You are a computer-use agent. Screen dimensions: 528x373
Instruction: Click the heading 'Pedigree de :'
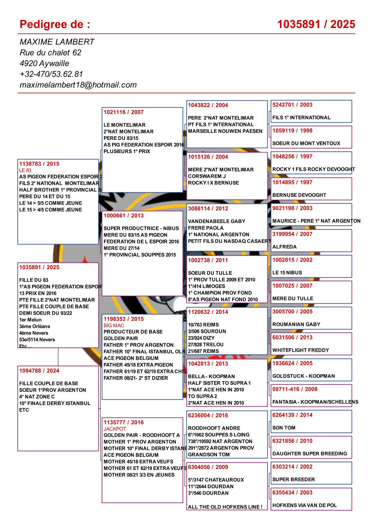pos(55,24)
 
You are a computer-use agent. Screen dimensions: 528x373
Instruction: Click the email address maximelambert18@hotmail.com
pos(78,85)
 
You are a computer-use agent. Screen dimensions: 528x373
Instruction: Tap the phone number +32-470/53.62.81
pos(51,74)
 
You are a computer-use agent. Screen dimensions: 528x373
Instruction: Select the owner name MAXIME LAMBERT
pos(57,42)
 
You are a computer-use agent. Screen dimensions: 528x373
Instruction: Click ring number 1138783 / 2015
pos(39,164)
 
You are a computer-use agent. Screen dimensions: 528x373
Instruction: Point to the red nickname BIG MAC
pos(114,326)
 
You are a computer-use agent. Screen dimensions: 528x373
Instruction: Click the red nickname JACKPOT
pos(115,429)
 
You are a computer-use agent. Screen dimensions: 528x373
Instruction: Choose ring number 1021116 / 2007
pos(123,112)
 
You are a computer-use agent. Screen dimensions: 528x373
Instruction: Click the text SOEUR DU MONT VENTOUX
pos(306,143)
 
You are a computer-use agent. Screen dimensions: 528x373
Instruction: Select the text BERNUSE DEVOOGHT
pos(299,195)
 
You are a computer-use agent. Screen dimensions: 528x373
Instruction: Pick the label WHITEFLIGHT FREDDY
pos(301,350)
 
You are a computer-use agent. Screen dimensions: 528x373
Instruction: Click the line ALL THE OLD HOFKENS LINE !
pos(225,507)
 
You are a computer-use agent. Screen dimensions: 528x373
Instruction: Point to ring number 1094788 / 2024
pos(39,371)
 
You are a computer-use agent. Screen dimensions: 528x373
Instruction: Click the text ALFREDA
pos(284,247)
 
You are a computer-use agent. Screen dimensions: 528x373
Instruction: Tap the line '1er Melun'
pos(30,320)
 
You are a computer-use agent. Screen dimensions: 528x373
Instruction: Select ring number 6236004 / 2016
pos(208,416)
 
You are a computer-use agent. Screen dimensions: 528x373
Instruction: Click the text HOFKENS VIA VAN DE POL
pos(304,505)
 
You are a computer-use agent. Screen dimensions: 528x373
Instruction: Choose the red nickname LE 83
pos(25,170)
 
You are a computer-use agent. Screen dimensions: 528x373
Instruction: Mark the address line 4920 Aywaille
pos(45,64)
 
